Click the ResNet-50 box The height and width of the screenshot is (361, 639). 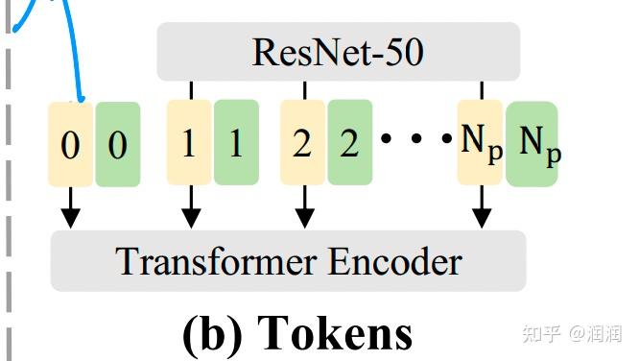[338, 52]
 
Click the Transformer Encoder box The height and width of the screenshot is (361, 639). [288, 261]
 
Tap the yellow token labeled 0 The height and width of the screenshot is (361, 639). [70, 144]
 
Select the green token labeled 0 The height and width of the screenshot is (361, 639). [117, 144]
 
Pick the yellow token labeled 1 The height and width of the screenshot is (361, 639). [189, 143]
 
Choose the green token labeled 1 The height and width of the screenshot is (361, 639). [236, 143]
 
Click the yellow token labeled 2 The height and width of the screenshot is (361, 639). [302, 143]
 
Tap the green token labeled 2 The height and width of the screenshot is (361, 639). [349, 143]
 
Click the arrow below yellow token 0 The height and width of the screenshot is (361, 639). [69, 208]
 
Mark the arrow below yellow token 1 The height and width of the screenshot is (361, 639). [191, 208]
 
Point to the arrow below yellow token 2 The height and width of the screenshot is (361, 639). [305, 208]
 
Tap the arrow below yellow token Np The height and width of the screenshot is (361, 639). [482, 208]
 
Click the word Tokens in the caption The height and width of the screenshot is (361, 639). [336, 332]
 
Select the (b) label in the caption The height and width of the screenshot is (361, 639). [213, 332]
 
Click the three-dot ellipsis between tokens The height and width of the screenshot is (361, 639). [415, 139]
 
